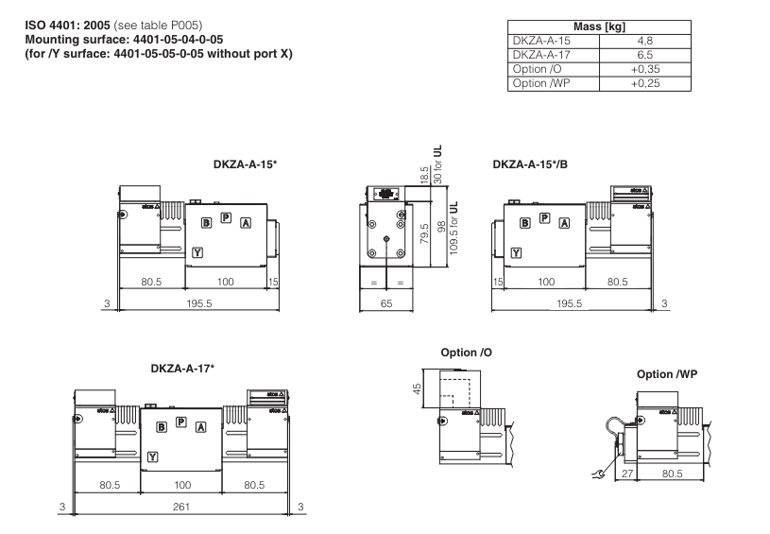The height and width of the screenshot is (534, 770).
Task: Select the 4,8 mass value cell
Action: (x=644, y=42)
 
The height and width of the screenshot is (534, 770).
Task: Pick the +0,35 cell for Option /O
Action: (x=644, y=70)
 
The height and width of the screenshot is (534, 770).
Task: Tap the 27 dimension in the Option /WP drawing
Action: (x=627, y=474)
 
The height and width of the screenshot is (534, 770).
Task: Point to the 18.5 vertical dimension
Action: (x=425, y=176)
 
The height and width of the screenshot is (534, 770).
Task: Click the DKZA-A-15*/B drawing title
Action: (x=531, y=164)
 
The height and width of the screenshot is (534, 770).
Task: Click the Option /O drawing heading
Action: (x=467, y=353)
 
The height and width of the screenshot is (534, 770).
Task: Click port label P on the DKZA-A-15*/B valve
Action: (x=544, y=218)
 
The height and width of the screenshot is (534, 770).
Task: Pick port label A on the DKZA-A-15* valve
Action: (x=246, y=223)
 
